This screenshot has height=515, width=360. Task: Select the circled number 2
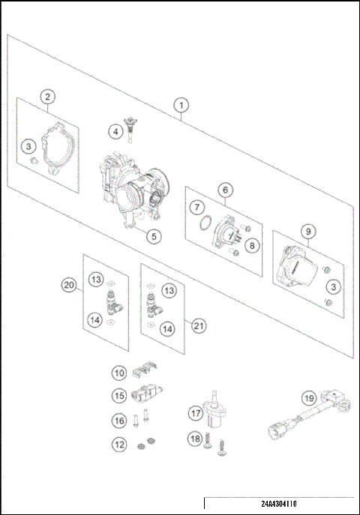coord(47,97)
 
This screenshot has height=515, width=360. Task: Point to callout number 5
coord(152,236)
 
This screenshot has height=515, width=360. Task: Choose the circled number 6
coord(223,190)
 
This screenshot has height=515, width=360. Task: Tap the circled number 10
coord(119,372)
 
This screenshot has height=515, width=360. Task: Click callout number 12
coord(119,445)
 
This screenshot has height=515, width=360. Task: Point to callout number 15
coord(119,395)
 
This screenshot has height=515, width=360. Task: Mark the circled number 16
coord(119,421)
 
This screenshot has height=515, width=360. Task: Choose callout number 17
coord(196,412)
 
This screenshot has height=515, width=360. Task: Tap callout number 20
coord(69,285)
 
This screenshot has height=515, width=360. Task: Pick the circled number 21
coord(199,325)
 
